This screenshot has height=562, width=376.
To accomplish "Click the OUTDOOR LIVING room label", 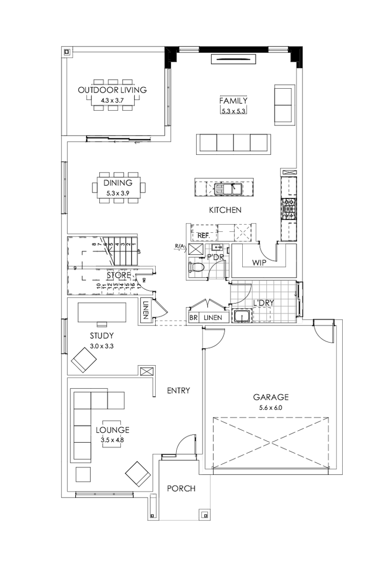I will [x=112, y=90].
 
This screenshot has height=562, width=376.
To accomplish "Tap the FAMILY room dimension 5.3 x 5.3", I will [x=233, y=111].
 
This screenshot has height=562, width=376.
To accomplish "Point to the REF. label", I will [x=203, y=236].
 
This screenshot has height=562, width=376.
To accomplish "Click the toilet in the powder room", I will [x=198, y=266].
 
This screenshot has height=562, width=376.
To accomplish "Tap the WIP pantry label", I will [x=252, y=262].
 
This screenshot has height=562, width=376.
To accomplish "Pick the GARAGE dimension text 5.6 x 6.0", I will [x=271, y=408].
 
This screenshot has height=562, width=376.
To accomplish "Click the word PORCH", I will [x=180, y=489].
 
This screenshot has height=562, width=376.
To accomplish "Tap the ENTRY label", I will [x=178, y=390].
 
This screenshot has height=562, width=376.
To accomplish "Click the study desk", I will [x=102, y=312].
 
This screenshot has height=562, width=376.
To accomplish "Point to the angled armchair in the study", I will [x=83, y=360].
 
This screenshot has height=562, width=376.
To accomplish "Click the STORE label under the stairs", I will [x=118, y=275].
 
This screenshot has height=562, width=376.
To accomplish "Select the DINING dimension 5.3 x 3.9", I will [x=118, y=193].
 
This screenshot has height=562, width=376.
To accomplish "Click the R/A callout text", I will [x=179, y=246].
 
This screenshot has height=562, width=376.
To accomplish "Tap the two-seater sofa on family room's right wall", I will [x=284, y=104].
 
